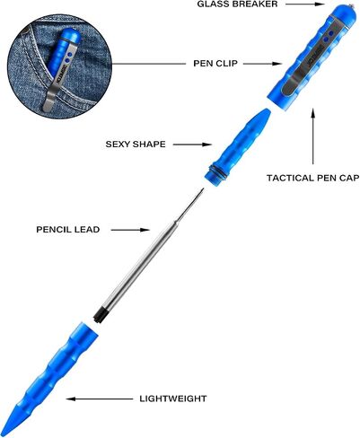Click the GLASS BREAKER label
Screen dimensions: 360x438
pos(237,4)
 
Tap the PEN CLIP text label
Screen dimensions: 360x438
pos(215,64)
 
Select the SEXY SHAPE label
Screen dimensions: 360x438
pos(136,145)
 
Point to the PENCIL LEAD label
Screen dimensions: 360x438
pos(68,230)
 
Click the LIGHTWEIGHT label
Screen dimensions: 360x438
pos(173,399)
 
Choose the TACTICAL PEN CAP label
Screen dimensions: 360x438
pos(313,178)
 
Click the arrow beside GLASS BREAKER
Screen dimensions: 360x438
pos(305,4)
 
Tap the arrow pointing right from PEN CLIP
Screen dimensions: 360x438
pos(262,64)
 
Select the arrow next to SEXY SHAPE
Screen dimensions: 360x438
pos(192,145)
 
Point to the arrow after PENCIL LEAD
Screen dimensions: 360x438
pos(130,230)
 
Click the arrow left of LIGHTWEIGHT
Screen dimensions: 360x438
pos(100,399)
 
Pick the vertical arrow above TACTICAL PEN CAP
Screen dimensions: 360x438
pos(313,136)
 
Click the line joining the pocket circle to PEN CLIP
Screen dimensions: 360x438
pos(148,64)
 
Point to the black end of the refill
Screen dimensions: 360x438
pos(99,315)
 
